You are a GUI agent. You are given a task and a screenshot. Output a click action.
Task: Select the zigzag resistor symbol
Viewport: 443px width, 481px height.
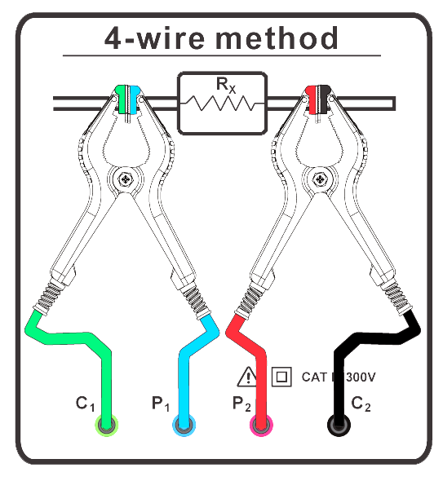pyautogui.click(x=222, y=104)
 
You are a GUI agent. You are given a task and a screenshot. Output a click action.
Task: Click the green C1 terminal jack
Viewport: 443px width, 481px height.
pyautogui.click(x=106, y=425)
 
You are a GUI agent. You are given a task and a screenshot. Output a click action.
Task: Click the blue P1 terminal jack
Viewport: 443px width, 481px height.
pyautogui.click(x=184, y=425)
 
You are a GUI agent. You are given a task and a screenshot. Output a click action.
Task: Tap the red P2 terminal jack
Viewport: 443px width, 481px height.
pyautogui.click(x=261, y=425)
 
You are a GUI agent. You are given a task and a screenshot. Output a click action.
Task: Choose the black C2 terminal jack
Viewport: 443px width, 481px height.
pyautogui.click(x=338, y=425)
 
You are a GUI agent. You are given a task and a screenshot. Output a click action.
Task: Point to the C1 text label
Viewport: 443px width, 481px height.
pyautogui.click(x=86, y=403)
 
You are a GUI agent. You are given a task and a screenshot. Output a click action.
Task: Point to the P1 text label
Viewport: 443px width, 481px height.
pyautogui.click(x=161, y=403)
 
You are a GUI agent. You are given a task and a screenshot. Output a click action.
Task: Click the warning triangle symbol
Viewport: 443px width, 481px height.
pyautogui.click(x=247, y=377)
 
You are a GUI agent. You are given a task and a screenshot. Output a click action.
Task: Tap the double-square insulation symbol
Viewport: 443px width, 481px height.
pyautogui.click(x=281, y=377)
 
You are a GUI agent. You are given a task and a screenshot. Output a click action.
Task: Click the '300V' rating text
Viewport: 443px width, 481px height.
pyautogui.click(x=356, y=377)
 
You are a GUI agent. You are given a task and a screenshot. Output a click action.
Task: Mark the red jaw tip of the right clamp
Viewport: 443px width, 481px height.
pyautogui.click(x=311, y=97)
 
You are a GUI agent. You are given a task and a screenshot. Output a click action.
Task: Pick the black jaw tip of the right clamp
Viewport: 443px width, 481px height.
pyautogui.click(x=324, y=97)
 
